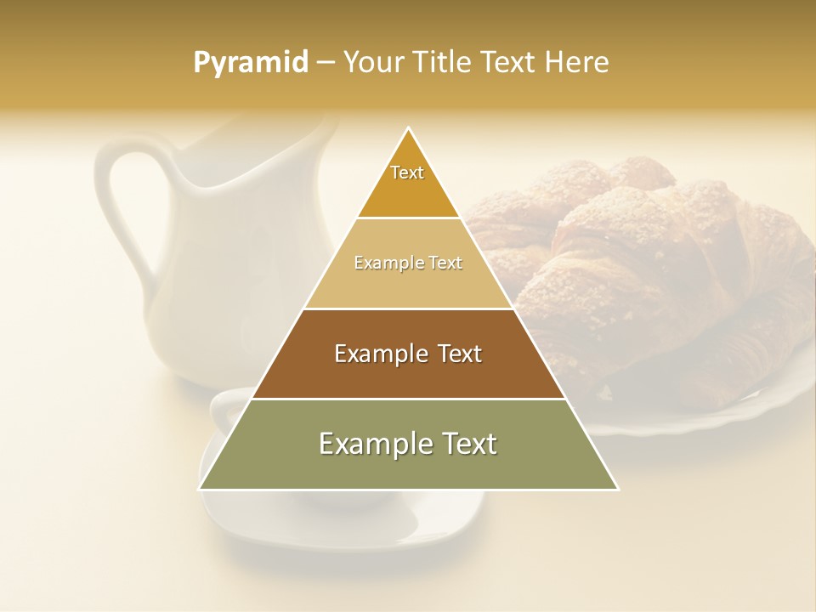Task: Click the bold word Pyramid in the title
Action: point(250,63)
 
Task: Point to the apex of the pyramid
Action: point(409,128)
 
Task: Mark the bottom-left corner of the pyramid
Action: point(200,489)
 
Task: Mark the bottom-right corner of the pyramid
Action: point(618,489)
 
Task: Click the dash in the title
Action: point(325,63)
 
